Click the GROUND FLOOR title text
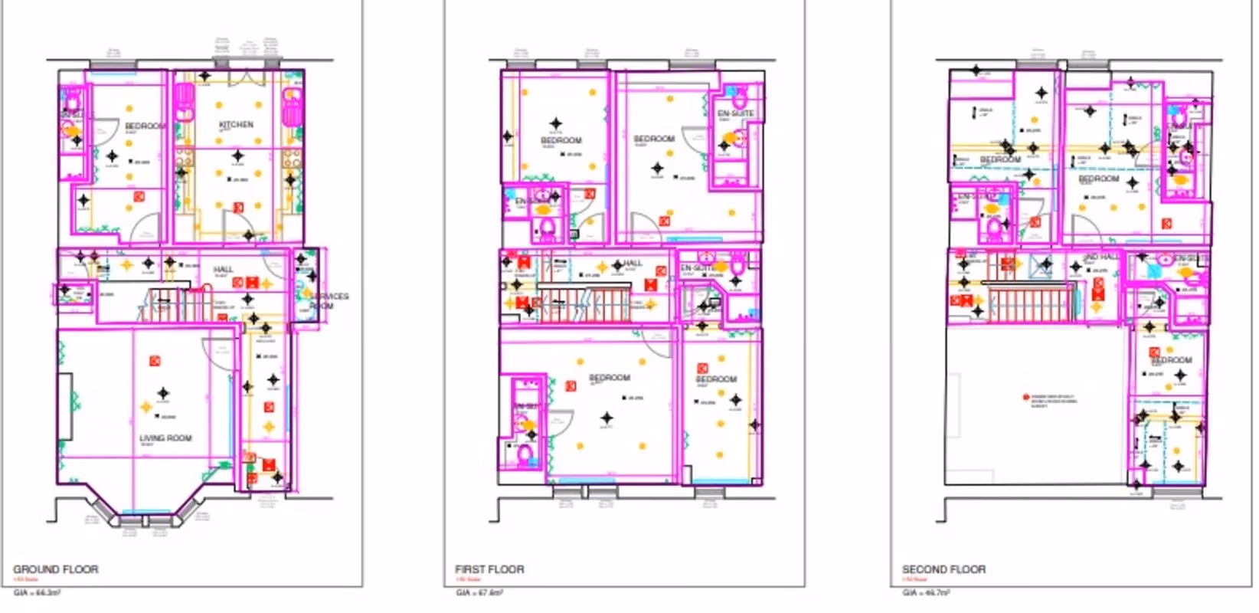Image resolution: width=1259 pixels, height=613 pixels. [56, 569]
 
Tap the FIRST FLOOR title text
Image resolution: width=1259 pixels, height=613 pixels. [489, 569]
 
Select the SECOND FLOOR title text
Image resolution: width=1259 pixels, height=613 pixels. [943, 569]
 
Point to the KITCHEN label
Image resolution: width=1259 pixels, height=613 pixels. [236, 124]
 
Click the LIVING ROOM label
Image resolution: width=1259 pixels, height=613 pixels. [165, 438]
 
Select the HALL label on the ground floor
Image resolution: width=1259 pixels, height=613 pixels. [223, 270]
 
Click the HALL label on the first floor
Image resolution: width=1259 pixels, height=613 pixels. [633, 263]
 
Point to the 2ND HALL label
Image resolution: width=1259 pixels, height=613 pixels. [1101, 257]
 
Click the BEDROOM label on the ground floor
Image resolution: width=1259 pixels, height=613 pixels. [145, 126]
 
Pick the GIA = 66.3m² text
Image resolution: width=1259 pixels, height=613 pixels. [37, 592]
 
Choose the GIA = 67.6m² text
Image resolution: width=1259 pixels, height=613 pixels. [479, 592]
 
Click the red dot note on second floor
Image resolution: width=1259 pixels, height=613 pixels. [1026, 397]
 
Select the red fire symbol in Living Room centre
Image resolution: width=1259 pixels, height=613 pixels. [155, 360]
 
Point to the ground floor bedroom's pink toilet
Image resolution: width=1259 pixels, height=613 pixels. [73, 100]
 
